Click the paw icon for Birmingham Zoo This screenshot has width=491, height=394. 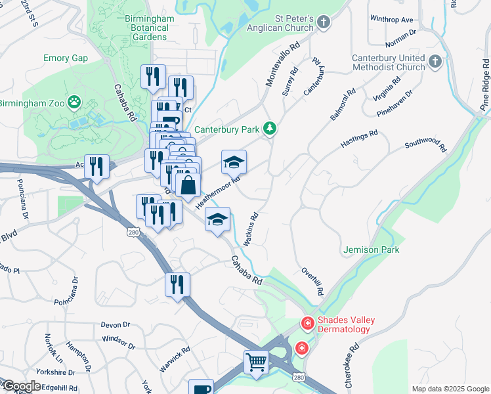(x=75, y=102)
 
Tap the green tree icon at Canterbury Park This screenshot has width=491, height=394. (x=268, y=129)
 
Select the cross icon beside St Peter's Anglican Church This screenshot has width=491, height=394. (x=323, y=24)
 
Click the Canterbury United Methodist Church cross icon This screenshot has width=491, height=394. (x=435, y=62)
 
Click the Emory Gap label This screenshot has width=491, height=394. (x=66, y=58)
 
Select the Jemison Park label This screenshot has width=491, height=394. (x=371, y=250)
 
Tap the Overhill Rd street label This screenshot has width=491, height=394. (x=313, y=280)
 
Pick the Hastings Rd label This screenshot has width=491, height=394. (x=359, y=138)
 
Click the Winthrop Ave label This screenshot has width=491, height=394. (x=391, y=20)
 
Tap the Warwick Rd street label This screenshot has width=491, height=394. (x=170, y=361)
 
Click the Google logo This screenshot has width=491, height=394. (x=22, y=386)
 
